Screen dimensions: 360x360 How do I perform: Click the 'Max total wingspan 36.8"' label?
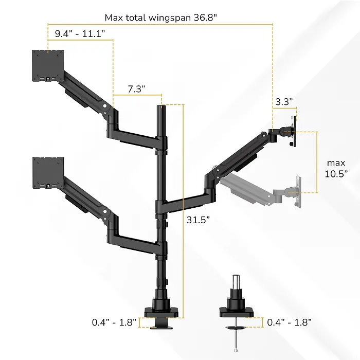click(x=160, y=17)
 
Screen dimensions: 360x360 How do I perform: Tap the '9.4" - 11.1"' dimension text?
click(x=80, y=33)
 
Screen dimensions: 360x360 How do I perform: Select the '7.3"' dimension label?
click(x=136, y=89)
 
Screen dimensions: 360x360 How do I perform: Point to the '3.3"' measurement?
click(x=284, y=102)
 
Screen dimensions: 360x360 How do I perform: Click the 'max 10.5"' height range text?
click(x=336, y=168)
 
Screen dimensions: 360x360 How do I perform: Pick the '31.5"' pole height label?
click(x=198, y=220)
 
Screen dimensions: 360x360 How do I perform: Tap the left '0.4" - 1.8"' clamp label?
click(x=114, y=322)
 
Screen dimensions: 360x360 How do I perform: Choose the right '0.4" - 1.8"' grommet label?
click(x=289, y=322)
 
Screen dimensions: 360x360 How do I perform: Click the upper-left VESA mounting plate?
click(x=48, y=65)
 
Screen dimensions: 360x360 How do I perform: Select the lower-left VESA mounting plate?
click(x=48, y=173)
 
